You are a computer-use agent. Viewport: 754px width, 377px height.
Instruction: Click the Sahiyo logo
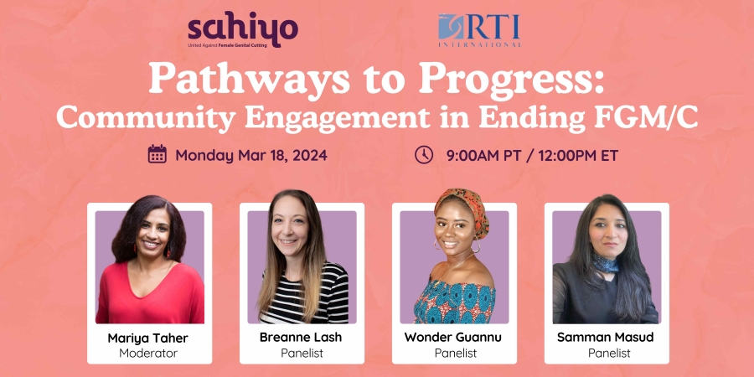point(241,29)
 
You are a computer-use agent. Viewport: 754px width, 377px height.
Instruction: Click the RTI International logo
point(480,29)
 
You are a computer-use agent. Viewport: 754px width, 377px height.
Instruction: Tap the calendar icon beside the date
point(157,154)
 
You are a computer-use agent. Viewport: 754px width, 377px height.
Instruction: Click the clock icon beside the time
point(424,154)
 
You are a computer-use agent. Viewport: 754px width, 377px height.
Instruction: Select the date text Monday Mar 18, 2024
point(250,155)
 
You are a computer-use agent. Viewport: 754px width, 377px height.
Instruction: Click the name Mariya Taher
point(149,338)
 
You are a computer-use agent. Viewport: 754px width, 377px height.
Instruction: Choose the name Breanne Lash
point(302,338)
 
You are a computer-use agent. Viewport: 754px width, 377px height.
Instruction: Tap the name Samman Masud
point(607,338)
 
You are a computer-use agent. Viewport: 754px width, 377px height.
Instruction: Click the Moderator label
point(149,353)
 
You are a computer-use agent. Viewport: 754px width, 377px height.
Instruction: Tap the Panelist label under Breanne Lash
point(302,353)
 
